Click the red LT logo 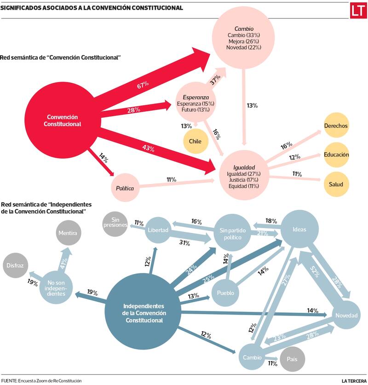click(357, 11)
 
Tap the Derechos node click(336, 126)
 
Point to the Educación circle click(336, 155)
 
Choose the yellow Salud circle click(336, 184)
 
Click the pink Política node click(125, 188)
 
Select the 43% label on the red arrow click(148, 148)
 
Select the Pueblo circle click(226, 293)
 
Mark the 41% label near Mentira click(63, 264)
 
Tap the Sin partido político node click(230, 234)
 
